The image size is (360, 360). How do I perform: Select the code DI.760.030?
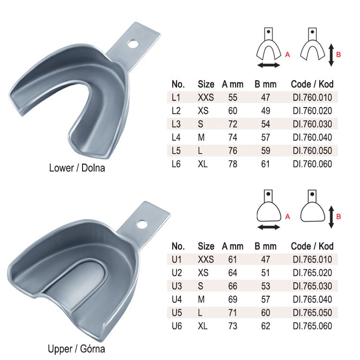pyautogui.click(x=312, y=124)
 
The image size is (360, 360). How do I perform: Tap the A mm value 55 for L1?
pyautogui.click(x=233, y=97)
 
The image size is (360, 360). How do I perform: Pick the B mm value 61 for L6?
pyautogui.click(x=265, y=164)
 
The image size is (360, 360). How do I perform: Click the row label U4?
pyautogui.click(x=177, y=300)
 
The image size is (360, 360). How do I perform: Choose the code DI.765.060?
pyautogui.click(x=312, y=326)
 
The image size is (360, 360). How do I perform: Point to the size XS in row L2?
pyautogui.click(x=203, y=111)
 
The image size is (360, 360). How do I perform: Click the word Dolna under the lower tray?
pyautogui.click(x=93, y=168)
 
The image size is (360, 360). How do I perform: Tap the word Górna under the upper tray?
pyautogui.click(x=93, y=349)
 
